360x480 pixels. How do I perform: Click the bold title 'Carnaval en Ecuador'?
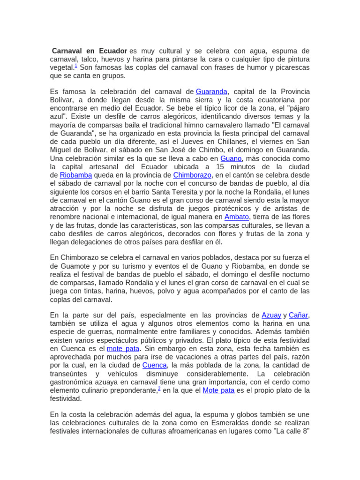tap(89, 51)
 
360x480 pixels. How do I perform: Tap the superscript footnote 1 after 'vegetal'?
tap(76, 66)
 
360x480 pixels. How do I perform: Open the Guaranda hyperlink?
tap(211, 91)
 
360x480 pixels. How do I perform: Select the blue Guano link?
tap(231, 158)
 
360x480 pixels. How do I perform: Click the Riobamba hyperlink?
tap(75, 175)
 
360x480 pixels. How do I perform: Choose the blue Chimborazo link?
tap(193, 175)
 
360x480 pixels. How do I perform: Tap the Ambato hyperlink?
tap(237, 217)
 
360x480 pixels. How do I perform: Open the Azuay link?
tap(271, 315)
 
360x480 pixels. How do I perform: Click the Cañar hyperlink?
tap(299, 315)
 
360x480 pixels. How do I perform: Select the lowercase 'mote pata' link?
tap(123, 349)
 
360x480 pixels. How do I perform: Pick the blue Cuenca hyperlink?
tap(154, 365)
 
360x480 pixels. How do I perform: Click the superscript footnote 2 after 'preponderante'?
tap(159, 389)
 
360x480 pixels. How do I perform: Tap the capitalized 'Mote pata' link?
tap(218, 390)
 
